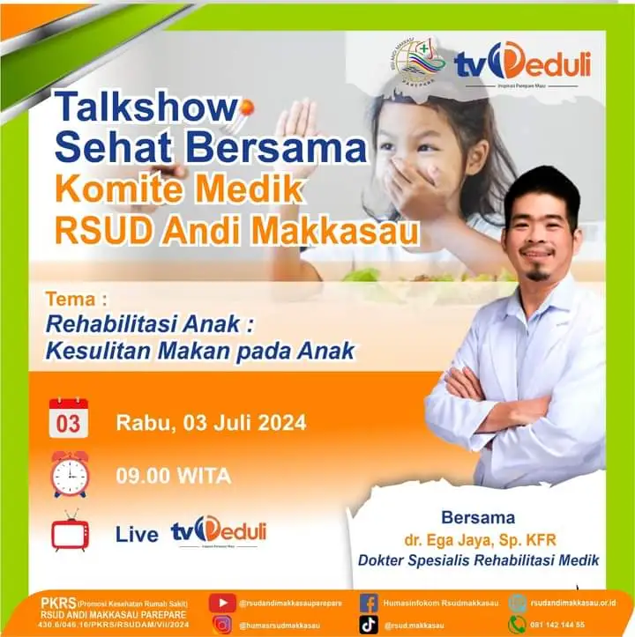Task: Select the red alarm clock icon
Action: [69, 474]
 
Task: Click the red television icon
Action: [70, 532]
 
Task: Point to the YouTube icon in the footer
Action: [222, 603]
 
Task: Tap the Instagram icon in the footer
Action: [222, 625]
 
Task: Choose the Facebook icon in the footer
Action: [370, 603]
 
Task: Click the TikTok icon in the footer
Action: [370, 625]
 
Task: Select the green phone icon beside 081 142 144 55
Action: [518, 625]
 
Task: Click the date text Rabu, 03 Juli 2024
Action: [211, 423]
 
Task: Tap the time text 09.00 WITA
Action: [173, 477]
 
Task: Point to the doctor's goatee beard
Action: [537, 274]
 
